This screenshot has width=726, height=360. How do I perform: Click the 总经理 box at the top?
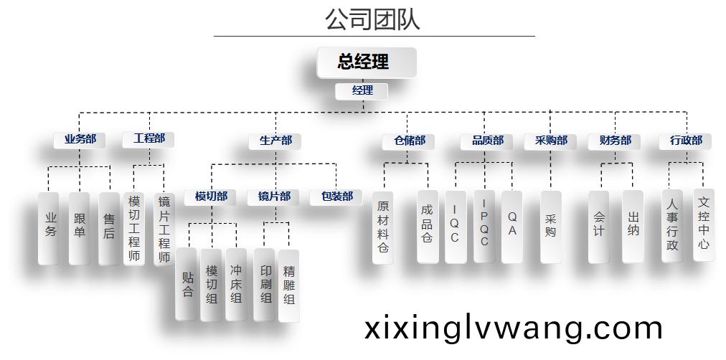tap(366, 62)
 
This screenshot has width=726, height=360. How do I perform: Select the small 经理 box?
tap(362, 91)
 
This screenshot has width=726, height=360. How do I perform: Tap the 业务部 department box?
tap(80, 139)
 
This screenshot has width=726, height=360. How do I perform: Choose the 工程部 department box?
tap(148, 139)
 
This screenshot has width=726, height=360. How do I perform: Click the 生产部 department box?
tap(275, 141)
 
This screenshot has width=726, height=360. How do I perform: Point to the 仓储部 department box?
tap(409, 141)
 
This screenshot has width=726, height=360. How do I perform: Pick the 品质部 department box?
tap(488, 141)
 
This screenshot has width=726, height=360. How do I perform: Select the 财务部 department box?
tap(615, 141)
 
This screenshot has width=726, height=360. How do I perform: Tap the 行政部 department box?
tap(686, 141)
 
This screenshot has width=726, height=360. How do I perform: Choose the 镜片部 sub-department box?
tap(275, 196)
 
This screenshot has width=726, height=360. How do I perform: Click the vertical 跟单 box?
tap(79, 227)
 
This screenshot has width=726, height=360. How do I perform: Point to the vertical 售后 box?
tap(109, 227)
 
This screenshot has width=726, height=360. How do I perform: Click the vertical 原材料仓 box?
tap(383, 227)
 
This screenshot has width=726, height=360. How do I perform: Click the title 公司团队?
tap(372, 19)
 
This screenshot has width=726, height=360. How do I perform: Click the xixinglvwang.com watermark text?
tap(513, 328)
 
